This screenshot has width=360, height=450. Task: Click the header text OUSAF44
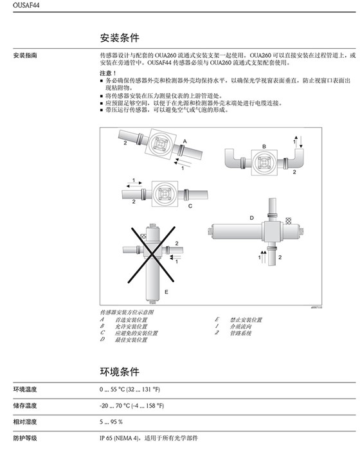(x=14, y=6)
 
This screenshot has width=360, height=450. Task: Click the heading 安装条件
(x=120, y=38)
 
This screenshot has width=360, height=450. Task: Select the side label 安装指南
(x=25, y=55)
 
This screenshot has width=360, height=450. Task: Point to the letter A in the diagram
(x=184, y=140)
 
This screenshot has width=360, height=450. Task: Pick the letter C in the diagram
(x=190, y=206)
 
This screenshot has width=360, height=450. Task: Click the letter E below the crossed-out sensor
(x=166, y=292)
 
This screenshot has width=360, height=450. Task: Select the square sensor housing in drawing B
(x=264, y=163)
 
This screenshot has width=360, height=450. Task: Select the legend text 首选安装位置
(x=130, y=319)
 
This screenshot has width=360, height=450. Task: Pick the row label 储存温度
(x=25, y=406)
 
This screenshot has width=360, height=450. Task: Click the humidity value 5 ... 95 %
(x=113, y=422)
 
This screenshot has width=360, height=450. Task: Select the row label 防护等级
(x=25, y=438)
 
